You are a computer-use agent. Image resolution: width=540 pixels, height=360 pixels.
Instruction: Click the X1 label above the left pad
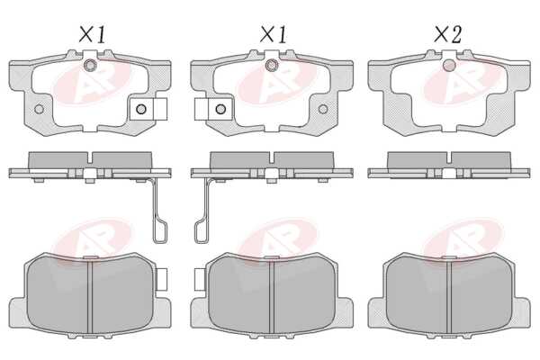[92, 35]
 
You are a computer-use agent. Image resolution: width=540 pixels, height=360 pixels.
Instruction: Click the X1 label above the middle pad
[273, 35]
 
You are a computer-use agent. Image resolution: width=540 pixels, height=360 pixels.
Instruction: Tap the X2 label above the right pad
[447, 35]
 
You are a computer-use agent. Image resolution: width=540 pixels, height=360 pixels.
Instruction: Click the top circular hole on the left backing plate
[90, 65]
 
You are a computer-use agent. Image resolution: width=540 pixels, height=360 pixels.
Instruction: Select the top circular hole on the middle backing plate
[272, 65]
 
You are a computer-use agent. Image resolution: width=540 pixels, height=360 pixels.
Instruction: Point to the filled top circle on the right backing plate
[449, 65]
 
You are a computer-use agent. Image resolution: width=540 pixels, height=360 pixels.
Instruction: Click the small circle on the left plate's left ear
[40, 109]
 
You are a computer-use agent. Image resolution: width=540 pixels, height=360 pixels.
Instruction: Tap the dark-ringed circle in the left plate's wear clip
[141, 109]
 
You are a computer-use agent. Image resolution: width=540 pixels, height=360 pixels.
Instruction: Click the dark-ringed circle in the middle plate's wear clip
[220, 109]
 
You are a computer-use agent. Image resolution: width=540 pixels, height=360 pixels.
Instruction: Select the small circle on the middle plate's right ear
[323, 109]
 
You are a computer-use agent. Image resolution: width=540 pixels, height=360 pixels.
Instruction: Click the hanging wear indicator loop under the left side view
[160, 231]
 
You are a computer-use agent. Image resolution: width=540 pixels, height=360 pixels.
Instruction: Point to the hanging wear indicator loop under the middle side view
[202, 231]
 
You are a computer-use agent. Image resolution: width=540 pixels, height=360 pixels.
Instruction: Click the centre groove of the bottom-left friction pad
[90, 298]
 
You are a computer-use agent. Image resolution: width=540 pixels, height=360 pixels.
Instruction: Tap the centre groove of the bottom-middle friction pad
[272, 298]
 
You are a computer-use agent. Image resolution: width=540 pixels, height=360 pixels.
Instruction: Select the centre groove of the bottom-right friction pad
[449, 298]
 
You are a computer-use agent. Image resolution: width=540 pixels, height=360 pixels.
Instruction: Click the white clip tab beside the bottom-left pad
[161, 279]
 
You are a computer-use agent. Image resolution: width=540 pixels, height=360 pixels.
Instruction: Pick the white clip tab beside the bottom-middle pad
[200, 279]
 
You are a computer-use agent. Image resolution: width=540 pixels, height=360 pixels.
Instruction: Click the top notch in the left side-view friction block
[90, 157]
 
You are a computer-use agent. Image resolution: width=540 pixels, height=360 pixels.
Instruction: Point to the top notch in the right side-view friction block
[449, 157]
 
